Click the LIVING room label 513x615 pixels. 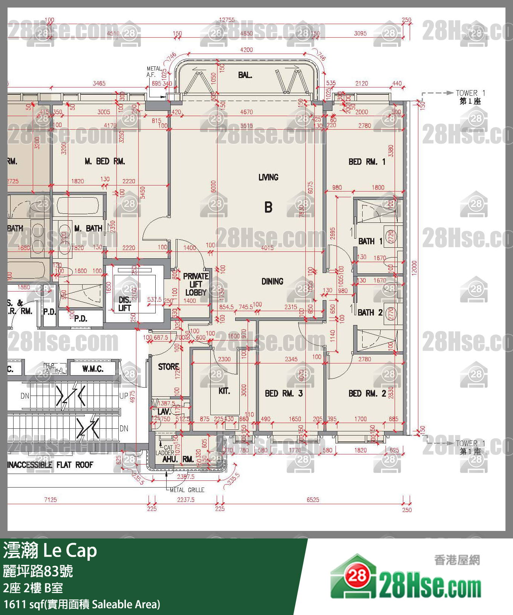tap(268, 177)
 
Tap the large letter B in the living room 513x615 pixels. tap(268, 207)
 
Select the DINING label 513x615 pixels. tap(272, 281)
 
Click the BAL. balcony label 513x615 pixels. tap(245, 75)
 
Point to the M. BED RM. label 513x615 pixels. tap(105, 161)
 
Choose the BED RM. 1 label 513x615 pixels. tap(367, 162)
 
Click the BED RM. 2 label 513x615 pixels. tap(367, 394)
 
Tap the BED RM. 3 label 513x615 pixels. tap(284, 394)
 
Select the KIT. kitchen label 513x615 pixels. tap(224, 391)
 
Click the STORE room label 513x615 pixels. tap(168, 367)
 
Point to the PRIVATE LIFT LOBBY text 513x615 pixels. tap(195, 284)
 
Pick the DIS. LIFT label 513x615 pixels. tap(125, 304)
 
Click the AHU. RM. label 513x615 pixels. tap(178, 459)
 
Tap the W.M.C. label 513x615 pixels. tap(93, 369)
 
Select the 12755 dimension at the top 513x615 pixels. tap(227, 20)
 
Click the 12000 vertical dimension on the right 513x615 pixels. tap(414, 268)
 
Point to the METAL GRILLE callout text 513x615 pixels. tap(187, 490)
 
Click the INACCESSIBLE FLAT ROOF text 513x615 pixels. tap(51, 465)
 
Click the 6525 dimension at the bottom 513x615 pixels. tap(313, 500)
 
